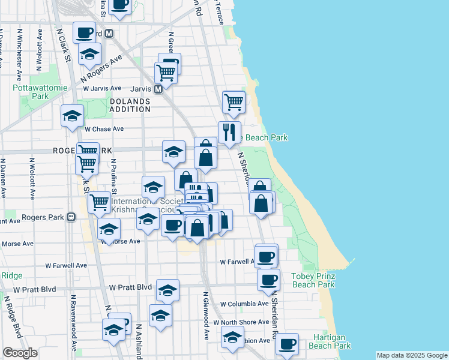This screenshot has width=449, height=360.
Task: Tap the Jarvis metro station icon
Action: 158,89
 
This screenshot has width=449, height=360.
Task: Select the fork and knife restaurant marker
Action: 229,132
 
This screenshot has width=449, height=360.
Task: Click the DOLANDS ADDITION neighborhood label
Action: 130,106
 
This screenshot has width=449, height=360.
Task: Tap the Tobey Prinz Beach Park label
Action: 313,280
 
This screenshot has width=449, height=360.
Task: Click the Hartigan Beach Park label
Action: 330,342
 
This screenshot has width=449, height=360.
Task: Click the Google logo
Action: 20,353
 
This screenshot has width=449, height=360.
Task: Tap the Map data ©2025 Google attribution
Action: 412,355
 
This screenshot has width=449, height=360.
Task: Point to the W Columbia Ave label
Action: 244,304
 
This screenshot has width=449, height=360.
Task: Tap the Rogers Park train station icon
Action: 71,217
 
